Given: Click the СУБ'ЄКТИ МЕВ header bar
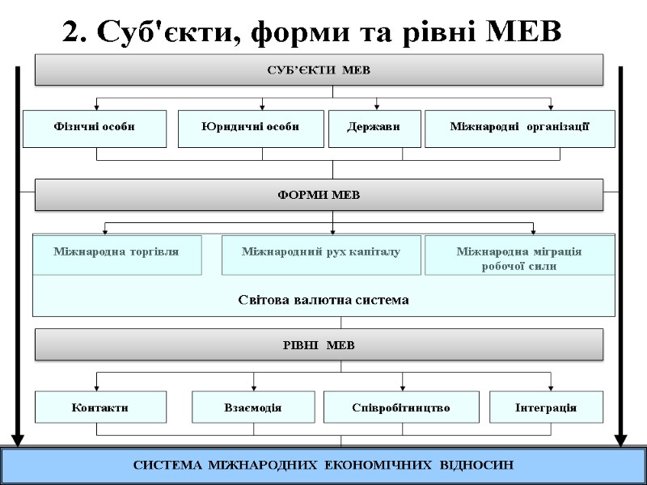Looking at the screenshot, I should click(x=319, y=70).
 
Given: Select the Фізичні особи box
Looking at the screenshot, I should click(x=95, y=128).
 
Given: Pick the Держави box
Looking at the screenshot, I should click(x=373, y=128).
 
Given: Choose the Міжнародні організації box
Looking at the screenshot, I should click(x=519, y=128).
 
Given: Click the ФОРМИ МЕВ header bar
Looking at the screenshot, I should click(x=319, y=195).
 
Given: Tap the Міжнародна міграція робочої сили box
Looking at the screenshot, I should click(x=519, y=257).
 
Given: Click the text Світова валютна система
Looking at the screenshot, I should click(x=323, y=300).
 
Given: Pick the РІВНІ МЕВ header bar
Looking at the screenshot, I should click(x=319, y=345).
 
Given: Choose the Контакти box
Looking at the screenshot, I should click(x=100, y=407).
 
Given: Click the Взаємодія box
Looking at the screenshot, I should click(x=253, y=407).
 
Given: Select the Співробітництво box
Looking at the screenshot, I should click(x=402, y=407).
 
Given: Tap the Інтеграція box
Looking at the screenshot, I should click(x=546, y=407).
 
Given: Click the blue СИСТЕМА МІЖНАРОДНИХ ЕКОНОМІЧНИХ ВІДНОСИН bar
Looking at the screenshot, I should click(x=323, y=466).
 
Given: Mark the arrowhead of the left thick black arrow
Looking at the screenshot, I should click(x=18, y=440).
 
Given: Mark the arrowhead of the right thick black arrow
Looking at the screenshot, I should click(x=621, y=440).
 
